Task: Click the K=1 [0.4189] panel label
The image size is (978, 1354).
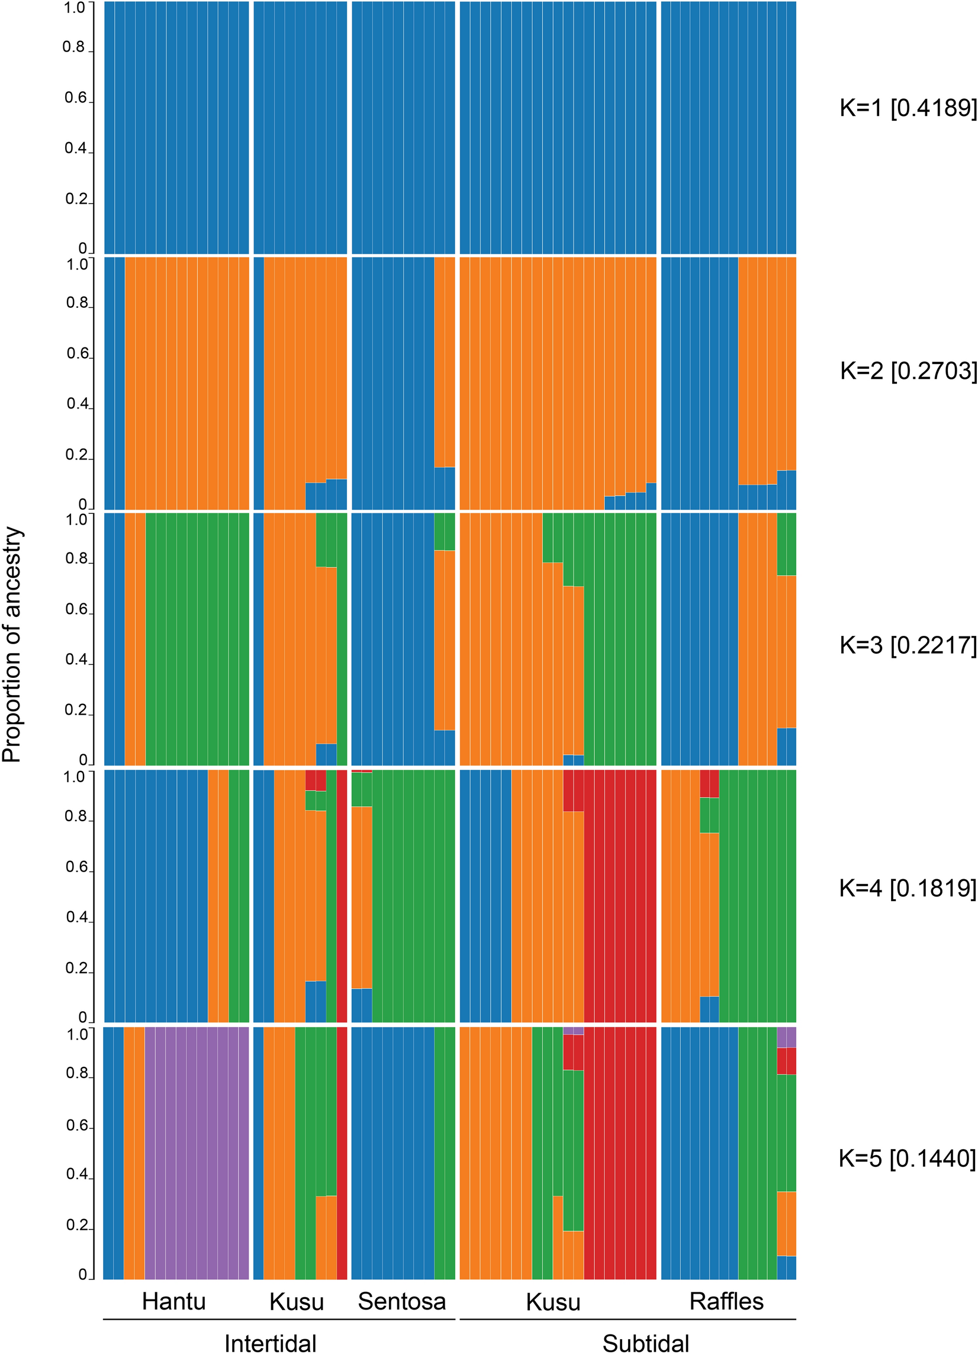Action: pos(908,108)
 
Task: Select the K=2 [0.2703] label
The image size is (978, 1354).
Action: pos(908,371)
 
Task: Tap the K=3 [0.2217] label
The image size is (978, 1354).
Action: pos(908,645)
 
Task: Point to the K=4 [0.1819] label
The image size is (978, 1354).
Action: pos(908,888)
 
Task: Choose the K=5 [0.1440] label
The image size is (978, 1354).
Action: pos(907,1158)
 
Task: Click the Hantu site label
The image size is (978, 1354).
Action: pos(173,1301)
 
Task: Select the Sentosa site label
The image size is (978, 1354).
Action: pos(402,1301)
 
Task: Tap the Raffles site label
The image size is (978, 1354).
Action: pos(726,1301)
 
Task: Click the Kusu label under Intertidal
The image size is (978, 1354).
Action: pos(296,1302)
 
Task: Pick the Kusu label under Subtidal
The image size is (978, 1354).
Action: pos(553,1302)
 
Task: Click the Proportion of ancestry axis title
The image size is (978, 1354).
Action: pos(12,645)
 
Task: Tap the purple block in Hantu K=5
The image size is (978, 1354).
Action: pos(197,1152)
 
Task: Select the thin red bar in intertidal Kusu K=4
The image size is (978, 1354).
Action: pos(342,896)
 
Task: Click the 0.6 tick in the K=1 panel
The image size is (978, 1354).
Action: pos(76,97)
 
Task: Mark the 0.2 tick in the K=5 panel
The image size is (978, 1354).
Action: pos(77,1225)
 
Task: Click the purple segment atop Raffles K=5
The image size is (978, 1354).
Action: pos(786,1037)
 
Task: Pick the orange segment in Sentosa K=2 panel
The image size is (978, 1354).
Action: pos(444,362)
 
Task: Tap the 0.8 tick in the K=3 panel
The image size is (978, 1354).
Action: pos(76,559)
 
